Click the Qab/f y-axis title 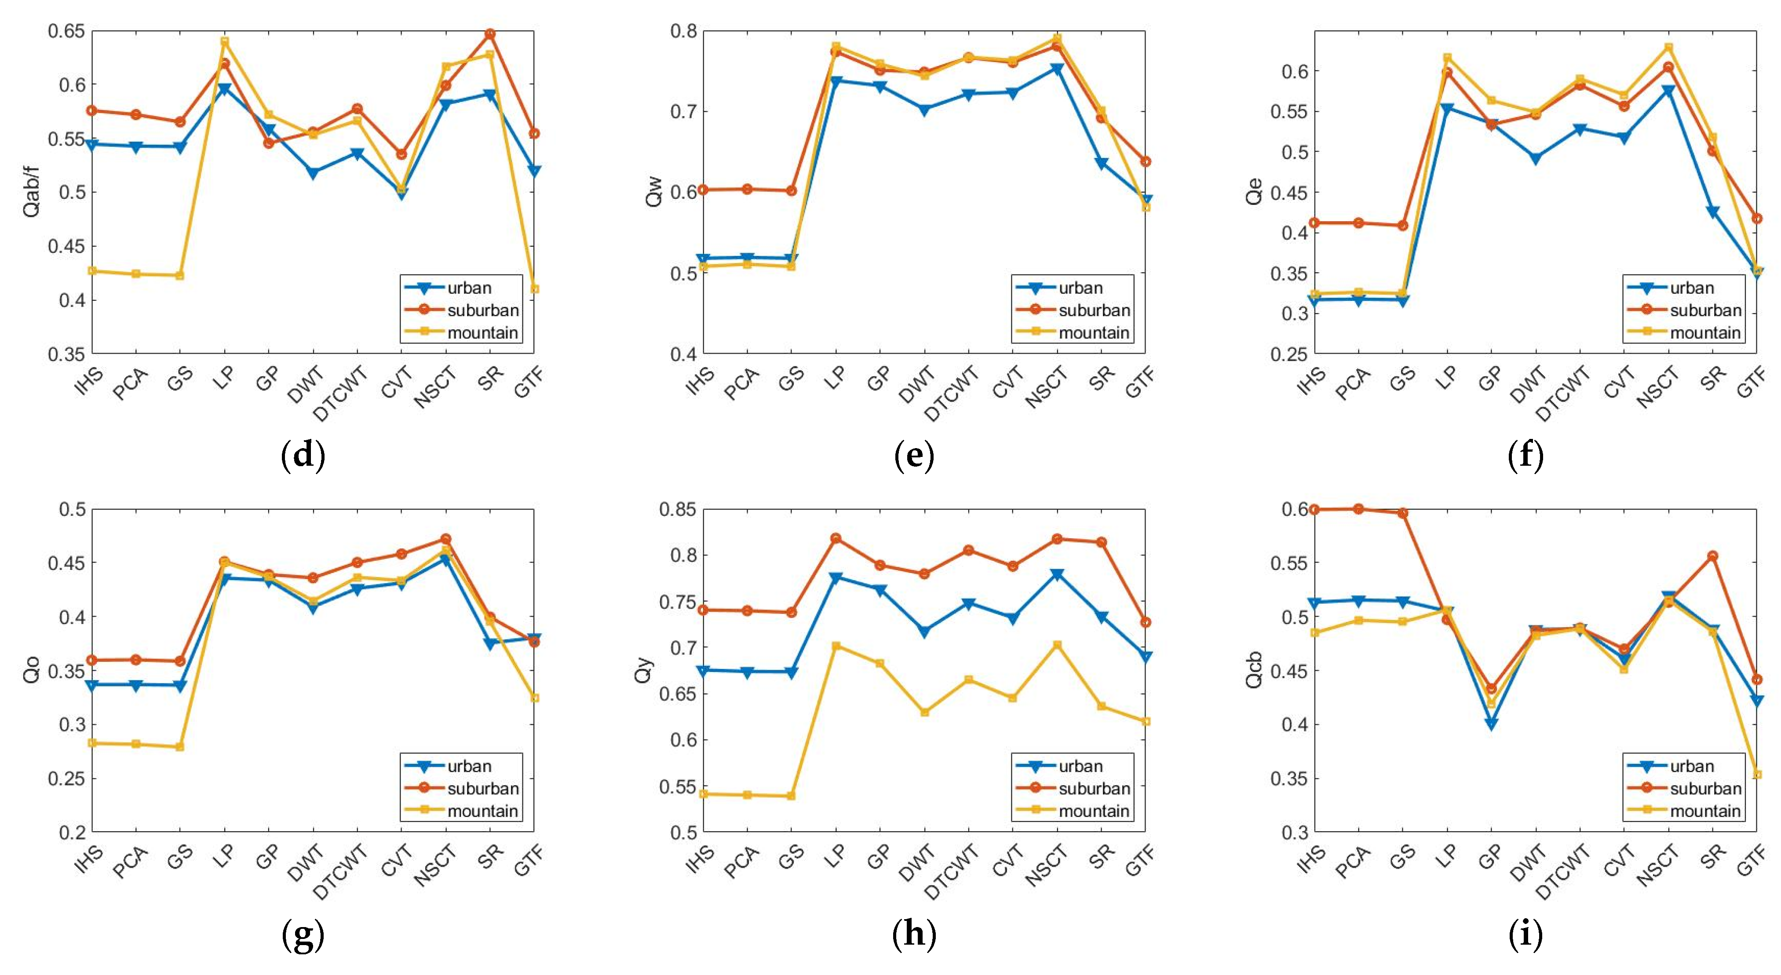(x=32, y=192)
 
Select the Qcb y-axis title (x=1253, y=670)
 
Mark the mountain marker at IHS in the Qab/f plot (x=92, y=270)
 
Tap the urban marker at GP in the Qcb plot (x=1491, y=724)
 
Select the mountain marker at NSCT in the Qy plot (x=1056, y=645)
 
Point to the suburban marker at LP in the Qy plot (x=836, y=538)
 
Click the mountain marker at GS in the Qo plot (x=180, y=747)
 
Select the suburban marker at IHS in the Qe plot (x=1314, y=223)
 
